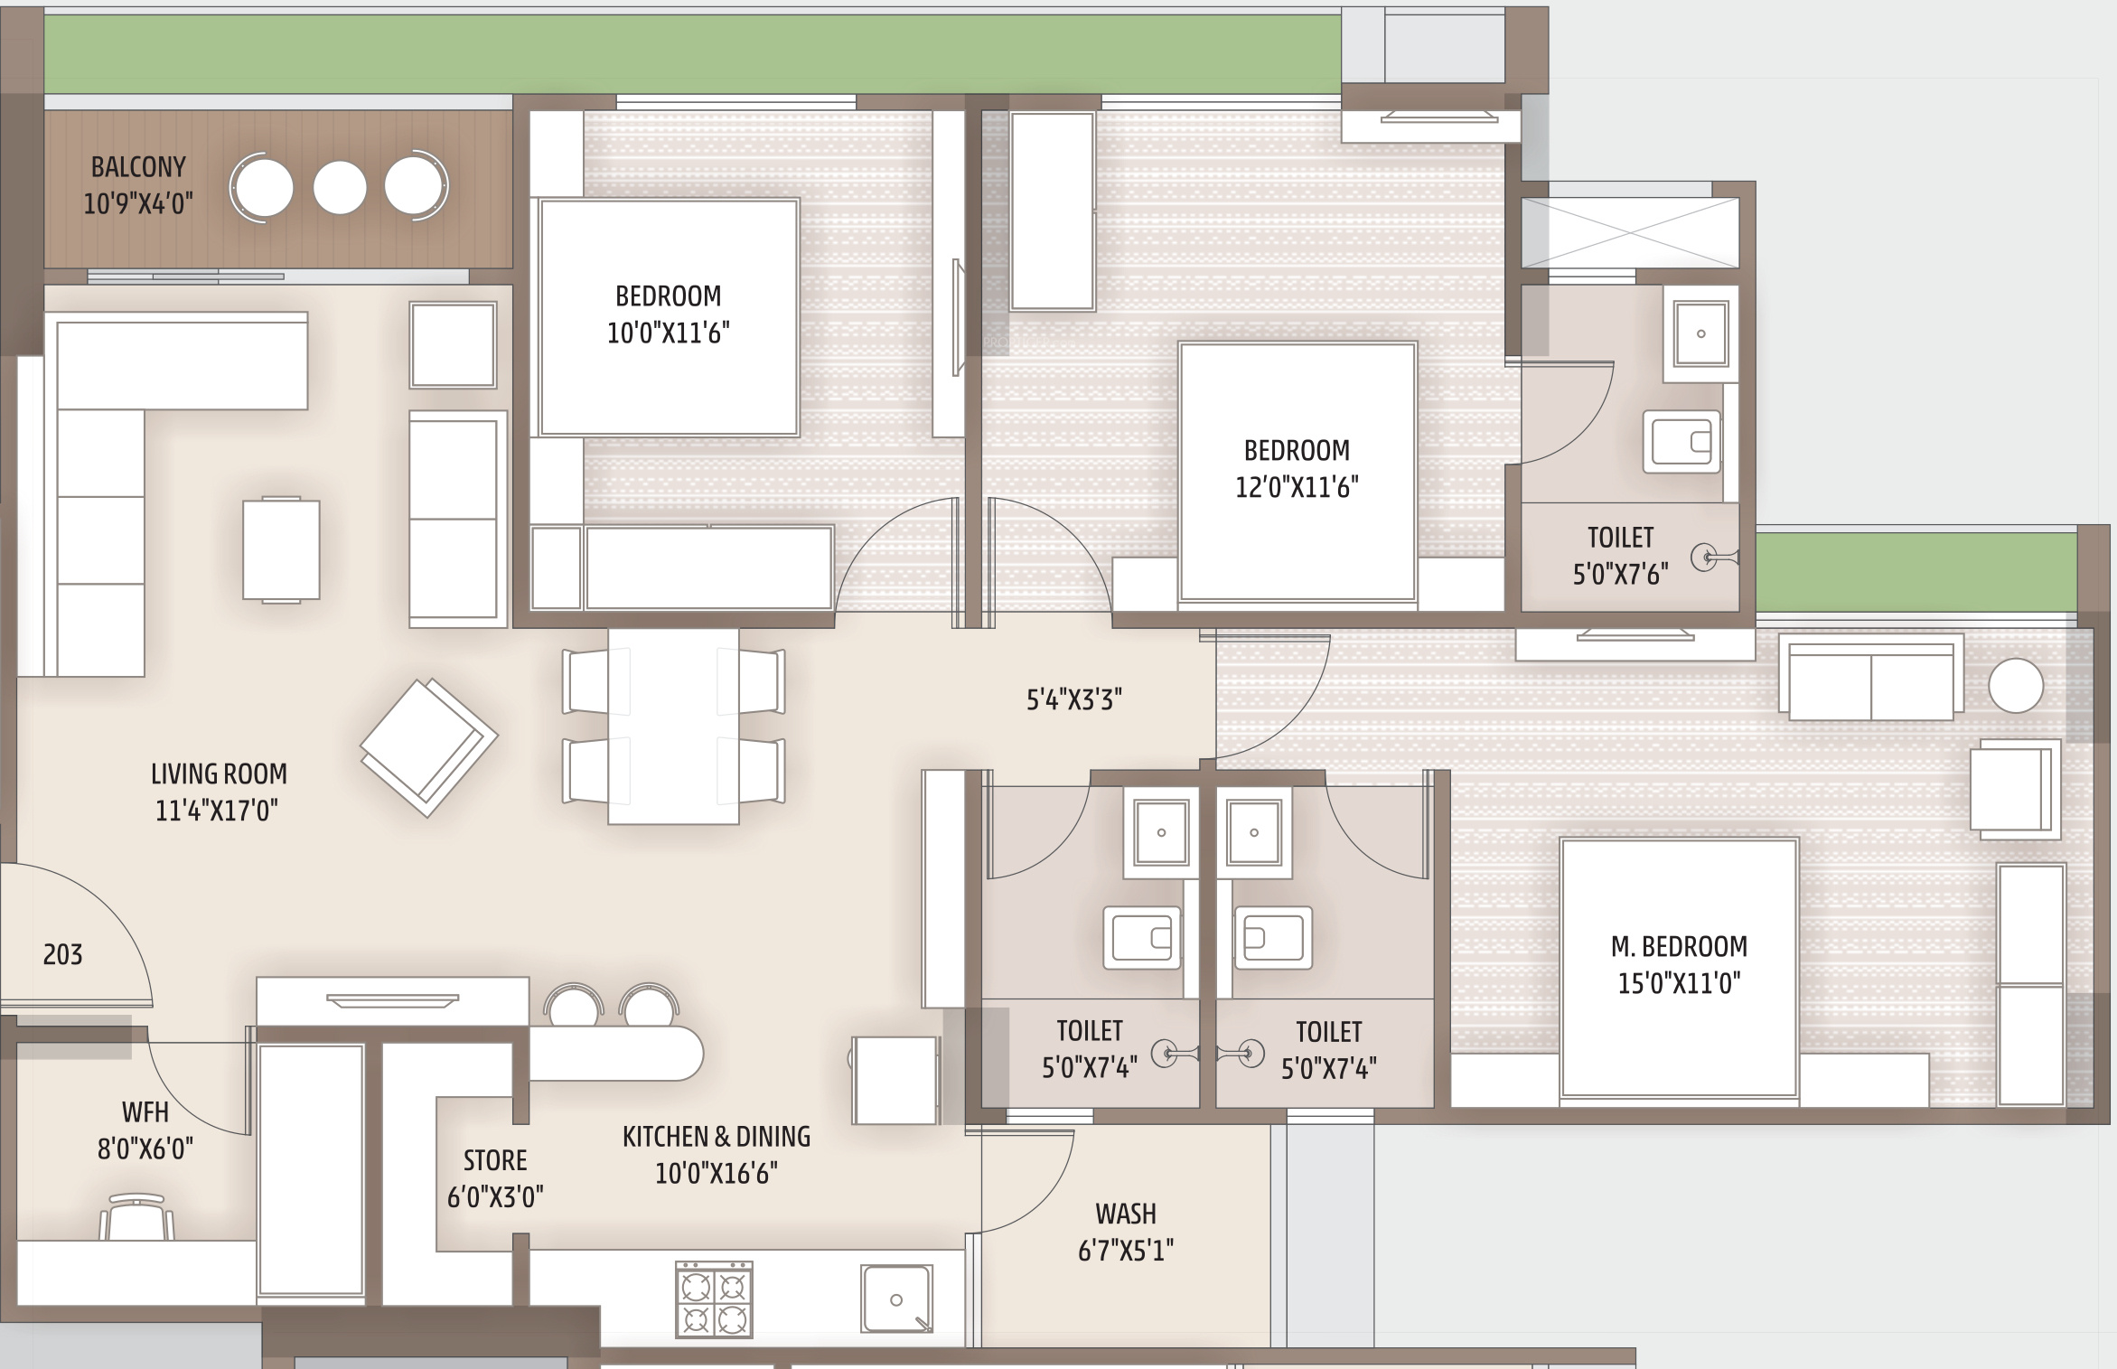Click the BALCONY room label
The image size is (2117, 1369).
(138, 167)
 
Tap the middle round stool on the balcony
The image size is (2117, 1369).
(340, 188)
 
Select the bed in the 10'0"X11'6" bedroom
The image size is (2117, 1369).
(669, 317)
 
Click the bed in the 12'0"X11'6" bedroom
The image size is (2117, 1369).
(1297, 472)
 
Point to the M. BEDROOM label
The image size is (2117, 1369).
(1679, 946)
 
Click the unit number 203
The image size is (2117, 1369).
(62, 954)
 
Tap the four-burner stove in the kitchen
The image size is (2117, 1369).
(714, 1299)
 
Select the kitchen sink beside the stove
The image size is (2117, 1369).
(896, 1299)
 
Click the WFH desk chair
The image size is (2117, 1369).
(136, 1216)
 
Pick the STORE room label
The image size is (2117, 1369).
(495, 1160)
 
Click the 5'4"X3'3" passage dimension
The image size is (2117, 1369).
(1074, 699)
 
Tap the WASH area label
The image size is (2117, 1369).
(1126, 1214)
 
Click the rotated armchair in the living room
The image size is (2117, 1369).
(429, 748)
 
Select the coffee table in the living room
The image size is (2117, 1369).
(281, 549)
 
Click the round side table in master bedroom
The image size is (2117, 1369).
(2016, 686)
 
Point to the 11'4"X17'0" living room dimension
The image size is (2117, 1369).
(217, 811)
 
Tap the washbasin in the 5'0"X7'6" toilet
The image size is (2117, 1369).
(1701, 333)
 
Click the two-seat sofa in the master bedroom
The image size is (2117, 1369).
(1871, 678)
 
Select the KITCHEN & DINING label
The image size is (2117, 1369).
(717, 1136)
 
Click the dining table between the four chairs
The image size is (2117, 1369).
(673, 727)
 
